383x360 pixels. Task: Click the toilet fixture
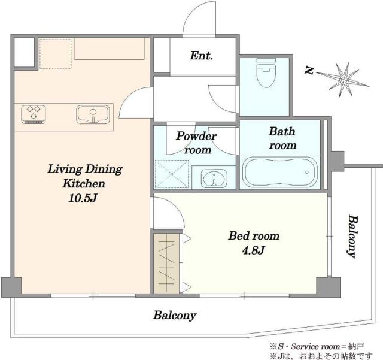pos(266,73)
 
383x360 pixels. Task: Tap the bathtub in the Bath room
pos(280,172)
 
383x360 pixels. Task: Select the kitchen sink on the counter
pos(93,114)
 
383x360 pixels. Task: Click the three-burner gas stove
pos(34,114)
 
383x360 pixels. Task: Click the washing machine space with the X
pos(172,174)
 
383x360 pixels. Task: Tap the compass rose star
pos(344,80)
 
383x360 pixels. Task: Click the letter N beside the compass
pos(309,71)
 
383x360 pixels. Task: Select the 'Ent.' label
pos(201,56)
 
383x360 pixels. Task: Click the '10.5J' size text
pos(83,198)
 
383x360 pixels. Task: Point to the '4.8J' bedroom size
pos(253,250)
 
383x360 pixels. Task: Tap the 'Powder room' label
pos(196,143)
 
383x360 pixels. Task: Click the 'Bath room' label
pos(282,138)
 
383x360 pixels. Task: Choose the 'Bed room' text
pos(254,236)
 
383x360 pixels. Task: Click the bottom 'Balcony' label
pos(175,316)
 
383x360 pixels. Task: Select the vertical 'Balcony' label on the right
pos(352,236)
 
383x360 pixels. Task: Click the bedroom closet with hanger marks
pos(166,263)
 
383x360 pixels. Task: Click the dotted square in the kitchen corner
pos(56,53)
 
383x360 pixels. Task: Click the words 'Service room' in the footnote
pos(315,347)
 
